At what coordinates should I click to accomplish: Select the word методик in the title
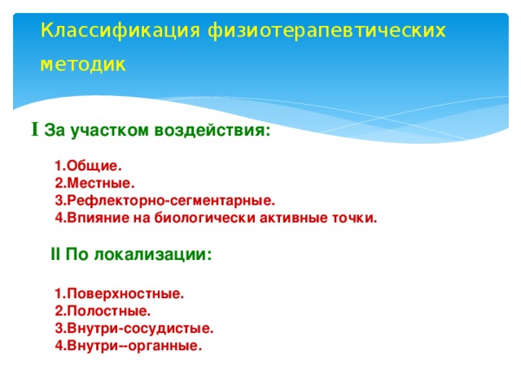84,64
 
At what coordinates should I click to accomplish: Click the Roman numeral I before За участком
35,129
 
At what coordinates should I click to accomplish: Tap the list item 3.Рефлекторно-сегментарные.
164,201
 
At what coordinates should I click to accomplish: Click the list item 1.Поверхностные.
119,294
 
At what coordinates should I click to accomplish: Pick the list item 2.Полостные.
102,310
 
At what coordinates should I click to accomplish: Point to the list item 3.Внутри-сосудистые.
134,328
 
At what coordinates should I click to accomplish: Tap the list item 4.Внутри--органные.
128,346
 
